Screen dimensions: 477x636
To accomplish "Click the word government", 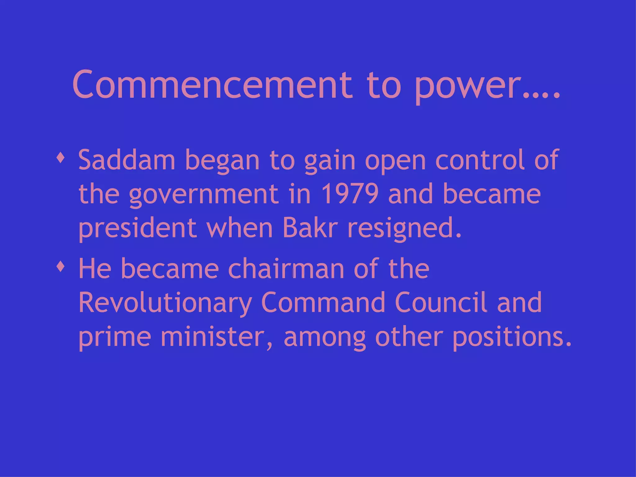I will point(203,195).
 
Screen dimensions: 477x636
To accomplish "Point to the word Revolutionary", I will point(165,303).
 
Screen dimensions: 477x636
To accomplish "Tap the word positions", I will point(511,338).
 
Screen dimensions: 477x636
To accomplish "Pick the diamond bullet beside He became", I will point(61,266).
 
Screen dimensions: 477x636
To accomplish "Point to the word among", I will point(325,338).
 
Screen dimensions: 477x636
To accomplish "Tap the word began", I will point(222,161).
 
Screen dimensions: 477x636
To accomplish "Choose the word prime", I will point(115,338).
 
